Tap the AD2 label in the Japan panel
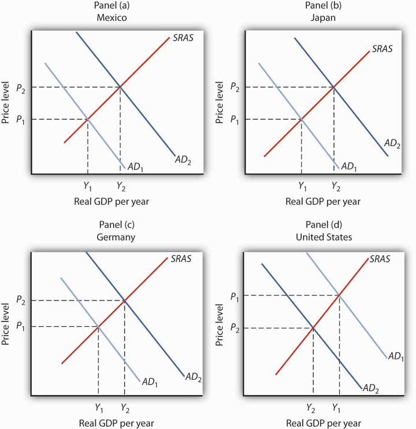pos(392,143)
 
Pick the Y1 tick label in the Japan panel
pos(302,186)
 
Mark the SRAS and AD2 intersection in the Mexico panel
pos(120,87)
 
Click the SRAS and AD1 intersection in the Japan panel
pos(302,120)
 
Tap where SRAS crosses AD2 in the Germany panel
pos(124,300)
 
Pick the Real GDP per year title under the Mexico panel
pos(107,202)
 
